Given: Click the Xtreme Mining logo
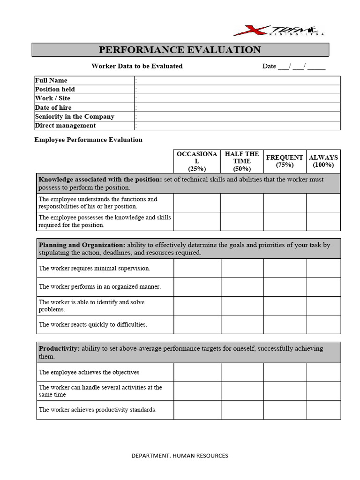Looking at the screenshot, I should point(278,30).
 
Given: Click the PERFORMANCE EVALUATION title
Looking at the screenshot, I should point(180,50).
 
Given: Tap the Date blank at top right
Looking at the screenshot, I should point(293,66).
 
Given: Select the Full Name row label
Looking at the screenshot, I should point(51,80).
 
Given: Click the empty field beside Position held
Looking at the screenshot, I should point(238,89).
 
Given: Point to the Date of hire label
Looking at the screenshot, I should point(53,107).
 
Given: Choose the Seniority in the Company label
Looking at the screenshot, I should point(75,116).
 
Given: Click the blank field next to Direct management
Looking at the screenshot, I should point(238,125).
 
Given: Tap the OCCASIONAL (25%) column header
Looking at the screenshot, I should point(197,161).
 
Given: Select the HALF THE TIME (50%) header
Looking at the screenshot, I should point(242,161).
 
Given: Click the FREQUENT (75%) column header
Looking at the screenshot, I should point(285,161).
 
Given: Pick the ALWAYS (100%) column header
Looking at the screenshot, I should point(323,161).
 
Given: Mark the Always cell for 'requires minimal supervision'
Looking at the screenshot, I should point(323,269).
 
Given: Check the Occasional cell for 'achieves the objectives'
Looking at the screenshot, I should point(197,372).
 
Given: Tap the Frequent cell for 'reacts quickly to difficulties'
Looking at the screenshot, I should point(285,324).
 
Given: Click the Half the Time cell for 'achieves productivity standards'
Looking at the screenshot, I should point(242,410).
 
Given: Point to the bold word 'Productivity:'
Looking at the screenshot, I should point(60,349).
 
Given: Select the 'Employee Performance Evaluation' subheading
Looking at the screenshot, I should point(89,140).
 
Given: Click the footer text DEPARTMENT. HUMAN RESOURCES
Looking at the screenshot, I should point(180,456).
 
